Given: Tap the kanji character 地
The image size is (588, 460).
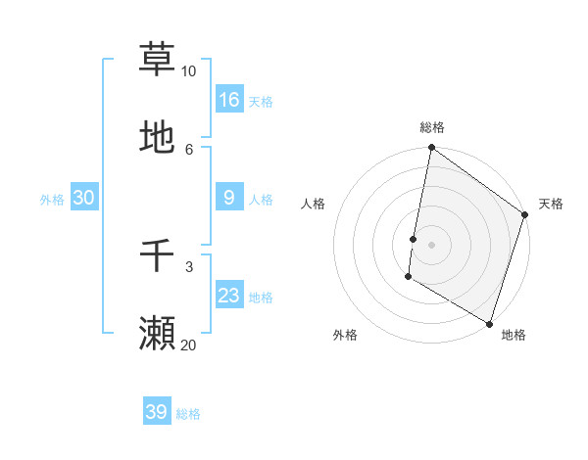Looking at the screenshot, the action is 157,137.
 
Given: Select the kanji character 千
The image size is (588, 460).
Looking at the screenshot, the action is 157,256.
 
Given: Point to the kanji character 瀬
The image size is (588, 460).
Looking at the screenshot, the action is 157,333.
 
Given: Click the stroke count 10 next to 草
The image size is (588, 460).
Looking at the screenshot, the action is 188,72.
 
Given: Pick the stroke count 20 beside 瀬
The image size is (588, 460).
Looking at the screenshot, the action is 188,345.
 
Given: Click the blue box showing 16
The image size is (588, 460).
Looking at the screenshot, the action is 229,100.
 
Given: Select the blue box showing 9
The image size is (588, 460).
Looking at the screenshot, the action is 229,198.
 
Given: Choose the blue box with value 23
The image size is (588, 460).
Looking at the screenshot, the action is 229,296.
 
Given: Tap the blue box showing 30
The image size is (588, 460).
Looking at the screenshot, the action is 84,198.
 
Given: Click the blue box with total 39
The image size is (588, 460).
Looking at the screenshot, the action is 157,412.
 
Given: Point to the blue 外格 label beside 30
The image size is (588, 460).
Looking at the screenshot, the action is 52,200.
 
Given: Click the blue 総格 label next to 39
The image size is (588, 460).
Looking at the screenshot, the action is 188,414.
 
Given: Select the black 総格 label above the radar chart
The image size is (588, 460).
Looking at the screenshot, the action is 432,127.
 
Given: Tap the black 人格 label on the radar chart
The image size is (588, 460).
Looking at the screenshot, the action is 314,204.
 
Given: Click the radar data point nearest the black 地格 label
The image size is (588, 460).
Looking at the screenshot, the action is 489,323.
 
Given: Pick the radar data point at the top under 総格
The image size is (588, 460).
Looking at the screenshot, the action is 431,149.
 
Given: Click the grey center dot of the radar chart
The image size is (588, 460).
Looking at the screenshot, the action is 431,245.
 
